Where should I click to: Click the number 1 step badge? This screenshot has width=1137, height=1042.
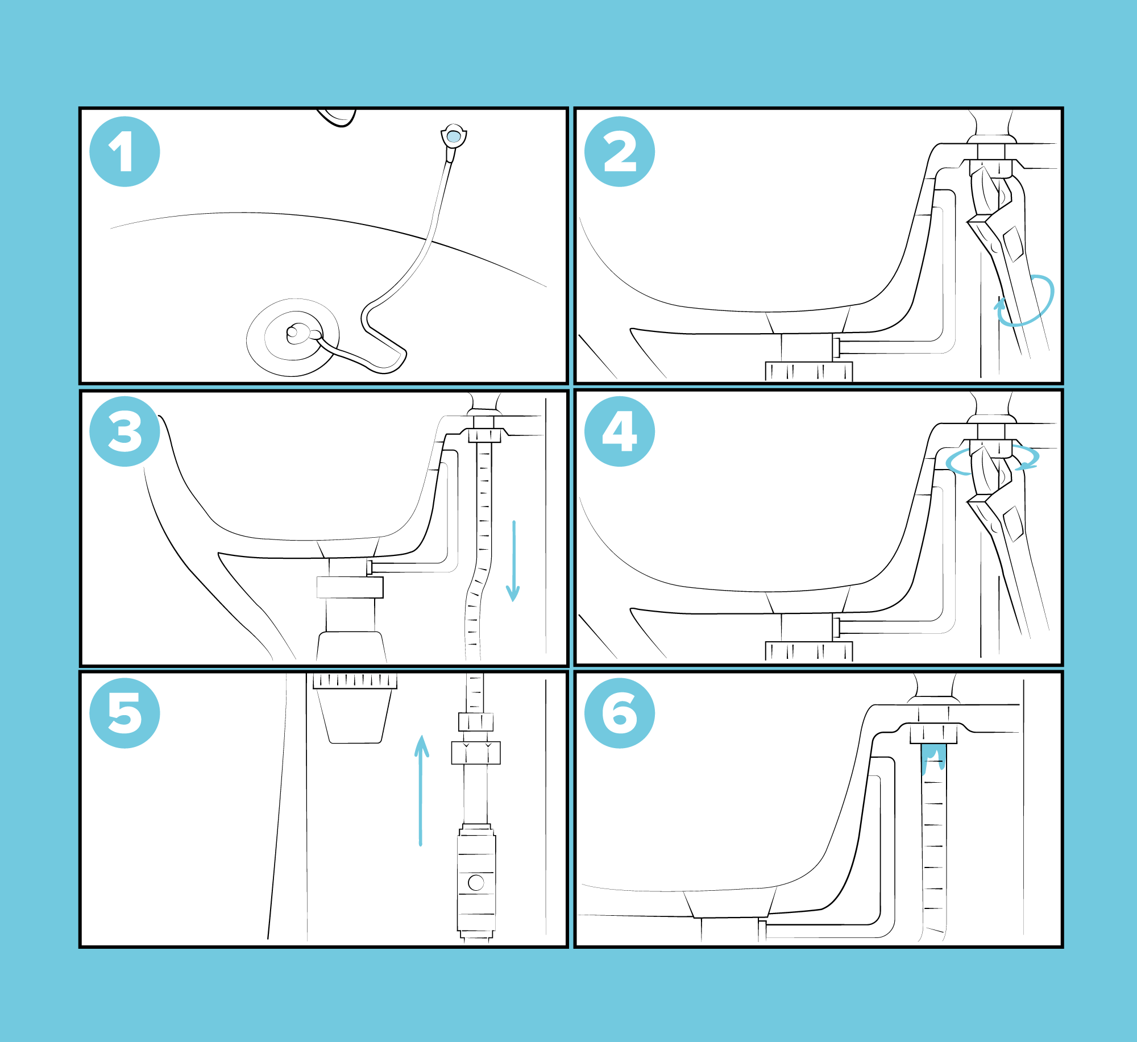tap(125, 152)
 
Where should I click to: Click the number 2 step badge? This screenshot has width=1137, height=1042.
tap(620, 152)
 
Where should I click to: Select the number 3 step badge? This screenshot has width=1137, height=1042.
tap(125, 431)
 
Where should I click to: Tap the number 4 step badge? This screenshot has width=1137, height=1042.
tap(620, 431)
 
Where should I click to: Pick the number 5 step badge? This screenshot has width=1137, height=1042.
tap(125, 713)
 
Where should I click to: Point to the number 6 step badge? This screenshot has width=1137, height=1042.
tap(620, 713)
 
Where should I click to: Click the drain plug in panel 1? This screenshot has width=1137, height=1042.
tap(293, 337)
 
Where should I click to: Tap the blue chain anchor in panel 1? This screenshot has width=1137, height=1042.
tap(454, 136)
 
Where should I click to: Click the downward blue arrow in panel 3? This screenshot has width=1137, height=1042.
tap(513, 560)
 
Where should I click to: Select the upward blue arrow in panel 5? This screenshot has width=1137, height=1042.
tap(421, 790)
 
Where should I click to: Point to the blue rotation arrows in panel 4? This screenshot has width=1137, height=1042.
tap(992, 459)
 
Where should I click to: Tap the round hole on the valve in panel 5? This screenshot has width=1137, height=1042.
tap(476, 882)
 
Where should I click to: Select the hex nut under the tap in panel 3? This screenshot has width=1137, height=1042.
tap(484, 435)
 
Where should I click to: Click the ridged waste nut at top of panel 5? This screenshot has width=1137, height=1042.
tap(355, 680)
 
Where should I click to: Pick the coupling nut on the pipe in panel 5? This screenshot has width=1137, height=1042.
tap(476, 753)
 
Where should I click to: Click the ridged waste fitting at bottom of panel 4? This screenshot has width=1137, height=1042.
tap(808, 651)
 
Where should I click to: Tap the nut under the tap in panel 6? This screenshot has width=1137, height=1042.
tap(933, 733)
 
